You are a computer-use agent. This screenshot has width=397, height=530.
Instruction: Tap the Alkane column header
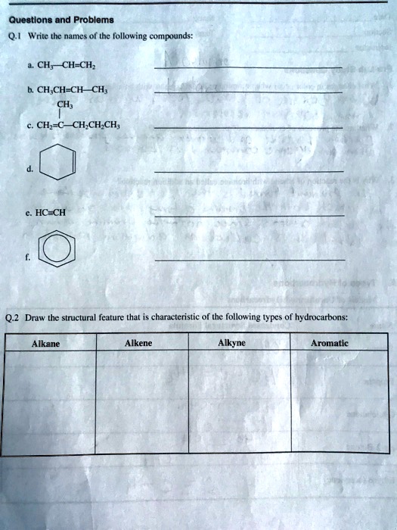coord(45,344)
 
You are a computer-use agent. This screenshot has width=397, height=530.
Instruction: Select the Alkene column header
coord(138,344)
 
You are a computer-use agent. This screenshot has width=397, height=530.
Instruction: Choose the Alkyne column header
coord(231,344)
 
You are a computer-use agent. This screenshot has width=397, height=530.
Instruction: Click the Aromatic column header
coord(329,344)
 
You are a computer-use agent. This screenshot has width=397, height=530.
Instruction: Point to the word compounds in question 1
coord(172,35)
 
